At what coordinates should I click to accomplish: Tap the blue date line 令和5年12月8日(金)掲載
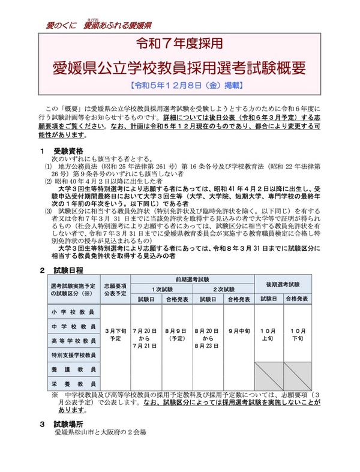(x=179, y=85)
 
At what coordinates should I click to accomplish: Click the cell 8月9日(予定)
(x=177, y=334)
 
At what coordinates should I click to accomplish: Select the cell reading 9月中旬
(x=238, y=330)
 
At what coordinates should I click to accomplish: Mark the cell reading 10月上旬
(x=269, y=334)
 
